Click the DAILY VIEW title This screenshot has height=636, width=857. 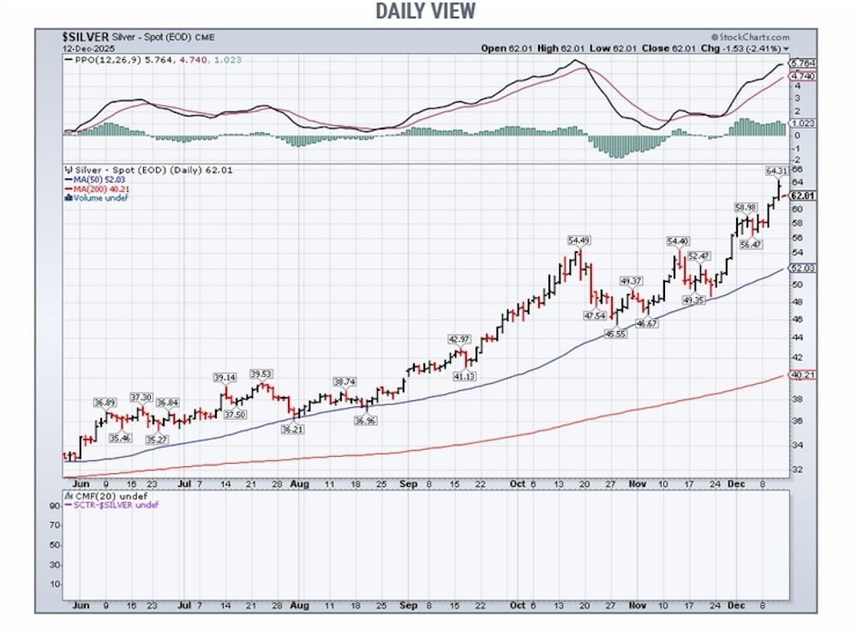coord(425,11)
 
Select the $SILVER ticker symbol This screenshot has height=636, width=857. coord(85,37)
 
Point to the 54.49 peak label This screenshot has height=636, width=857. coord(579,241)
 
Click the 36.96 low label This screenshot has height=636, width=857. coord(364,420)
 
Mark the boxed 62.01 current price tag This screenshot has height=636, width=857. coord(802,196)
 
